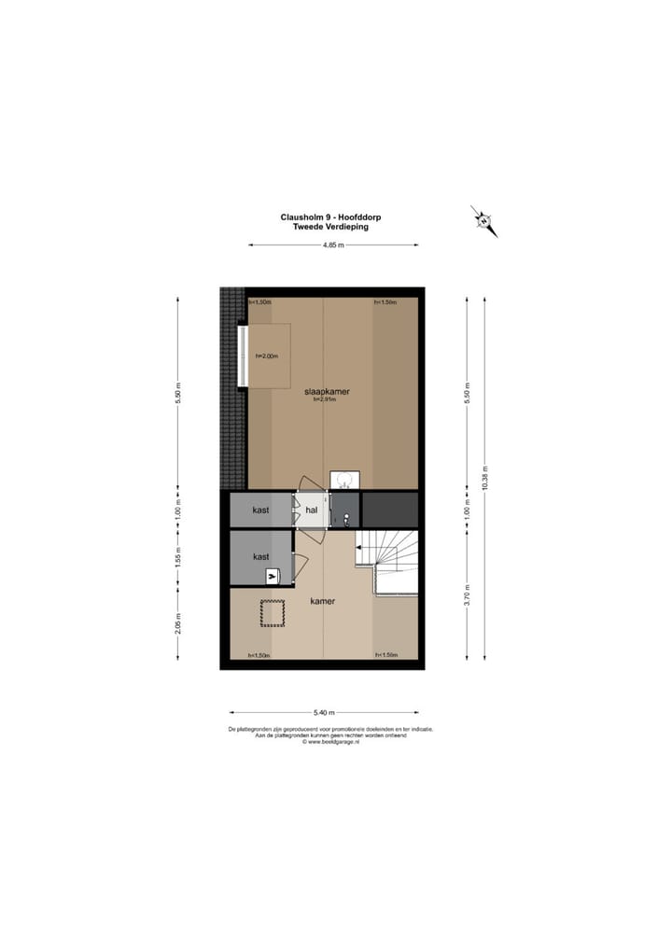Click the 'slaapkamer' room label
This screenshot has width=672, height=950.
point(327,392)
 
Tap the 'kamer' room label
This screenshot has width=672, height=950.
point(322,601)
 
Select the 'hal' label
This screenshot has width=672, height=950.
point(312,510)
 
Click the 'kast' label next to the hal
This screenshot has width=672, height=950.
point(261,510)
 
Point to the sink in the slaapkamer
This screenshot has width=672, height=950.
point(344,480)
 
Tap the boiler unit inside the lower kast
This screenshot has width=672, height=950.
point(273,577)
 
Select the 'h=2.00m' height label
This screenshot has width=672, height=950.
point(268,355)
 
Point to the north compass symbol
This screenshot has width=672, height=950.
point(483,221)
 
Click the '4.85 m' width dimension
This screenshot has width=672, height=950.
point(333,244)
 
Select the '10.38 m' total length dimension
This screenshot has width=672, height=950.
point(485,477)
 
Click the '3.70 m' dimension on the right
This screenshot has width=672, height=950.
point(468,594)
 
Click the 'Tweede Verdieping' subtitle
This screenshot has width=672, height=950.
point(331,227)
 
